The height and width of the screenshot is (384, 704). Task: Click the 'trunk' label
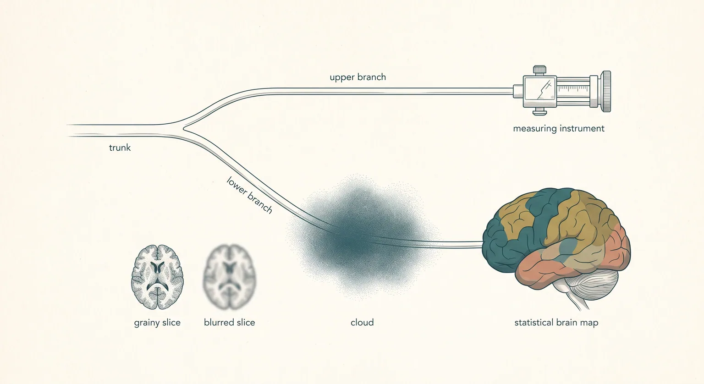point(120,148)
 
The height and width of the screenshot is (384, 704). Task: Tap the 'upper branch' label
point(357,77)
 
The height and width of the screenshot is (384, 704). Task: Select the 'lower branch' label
point(249,195)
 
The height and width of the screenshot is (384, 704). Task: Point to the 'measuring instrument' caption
point(559,128)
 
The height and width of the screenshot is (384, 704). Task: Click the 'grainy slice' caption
point(157,323)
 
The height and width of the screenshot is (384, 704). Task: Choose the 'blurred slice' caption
point(230,323)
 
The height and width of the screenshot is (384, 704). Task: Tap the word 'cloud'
point(362,323)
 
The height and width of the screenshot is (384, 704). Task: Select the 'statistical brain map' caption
point(556,323)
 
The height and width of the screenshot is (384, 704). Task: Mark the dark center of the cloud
point(349,241)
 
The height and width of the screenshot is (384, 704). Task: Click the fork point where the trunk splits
point(184,128)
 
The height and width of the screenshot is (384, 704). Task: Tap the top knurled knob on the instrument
point(539,70)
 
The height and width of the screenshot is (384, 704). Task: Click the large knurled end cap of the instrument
point(605,92)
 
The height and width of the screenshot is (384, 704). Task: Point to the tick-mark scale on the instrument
point(573,88)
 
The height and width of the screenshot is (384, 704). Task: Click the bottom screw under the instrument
point(539,111)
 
